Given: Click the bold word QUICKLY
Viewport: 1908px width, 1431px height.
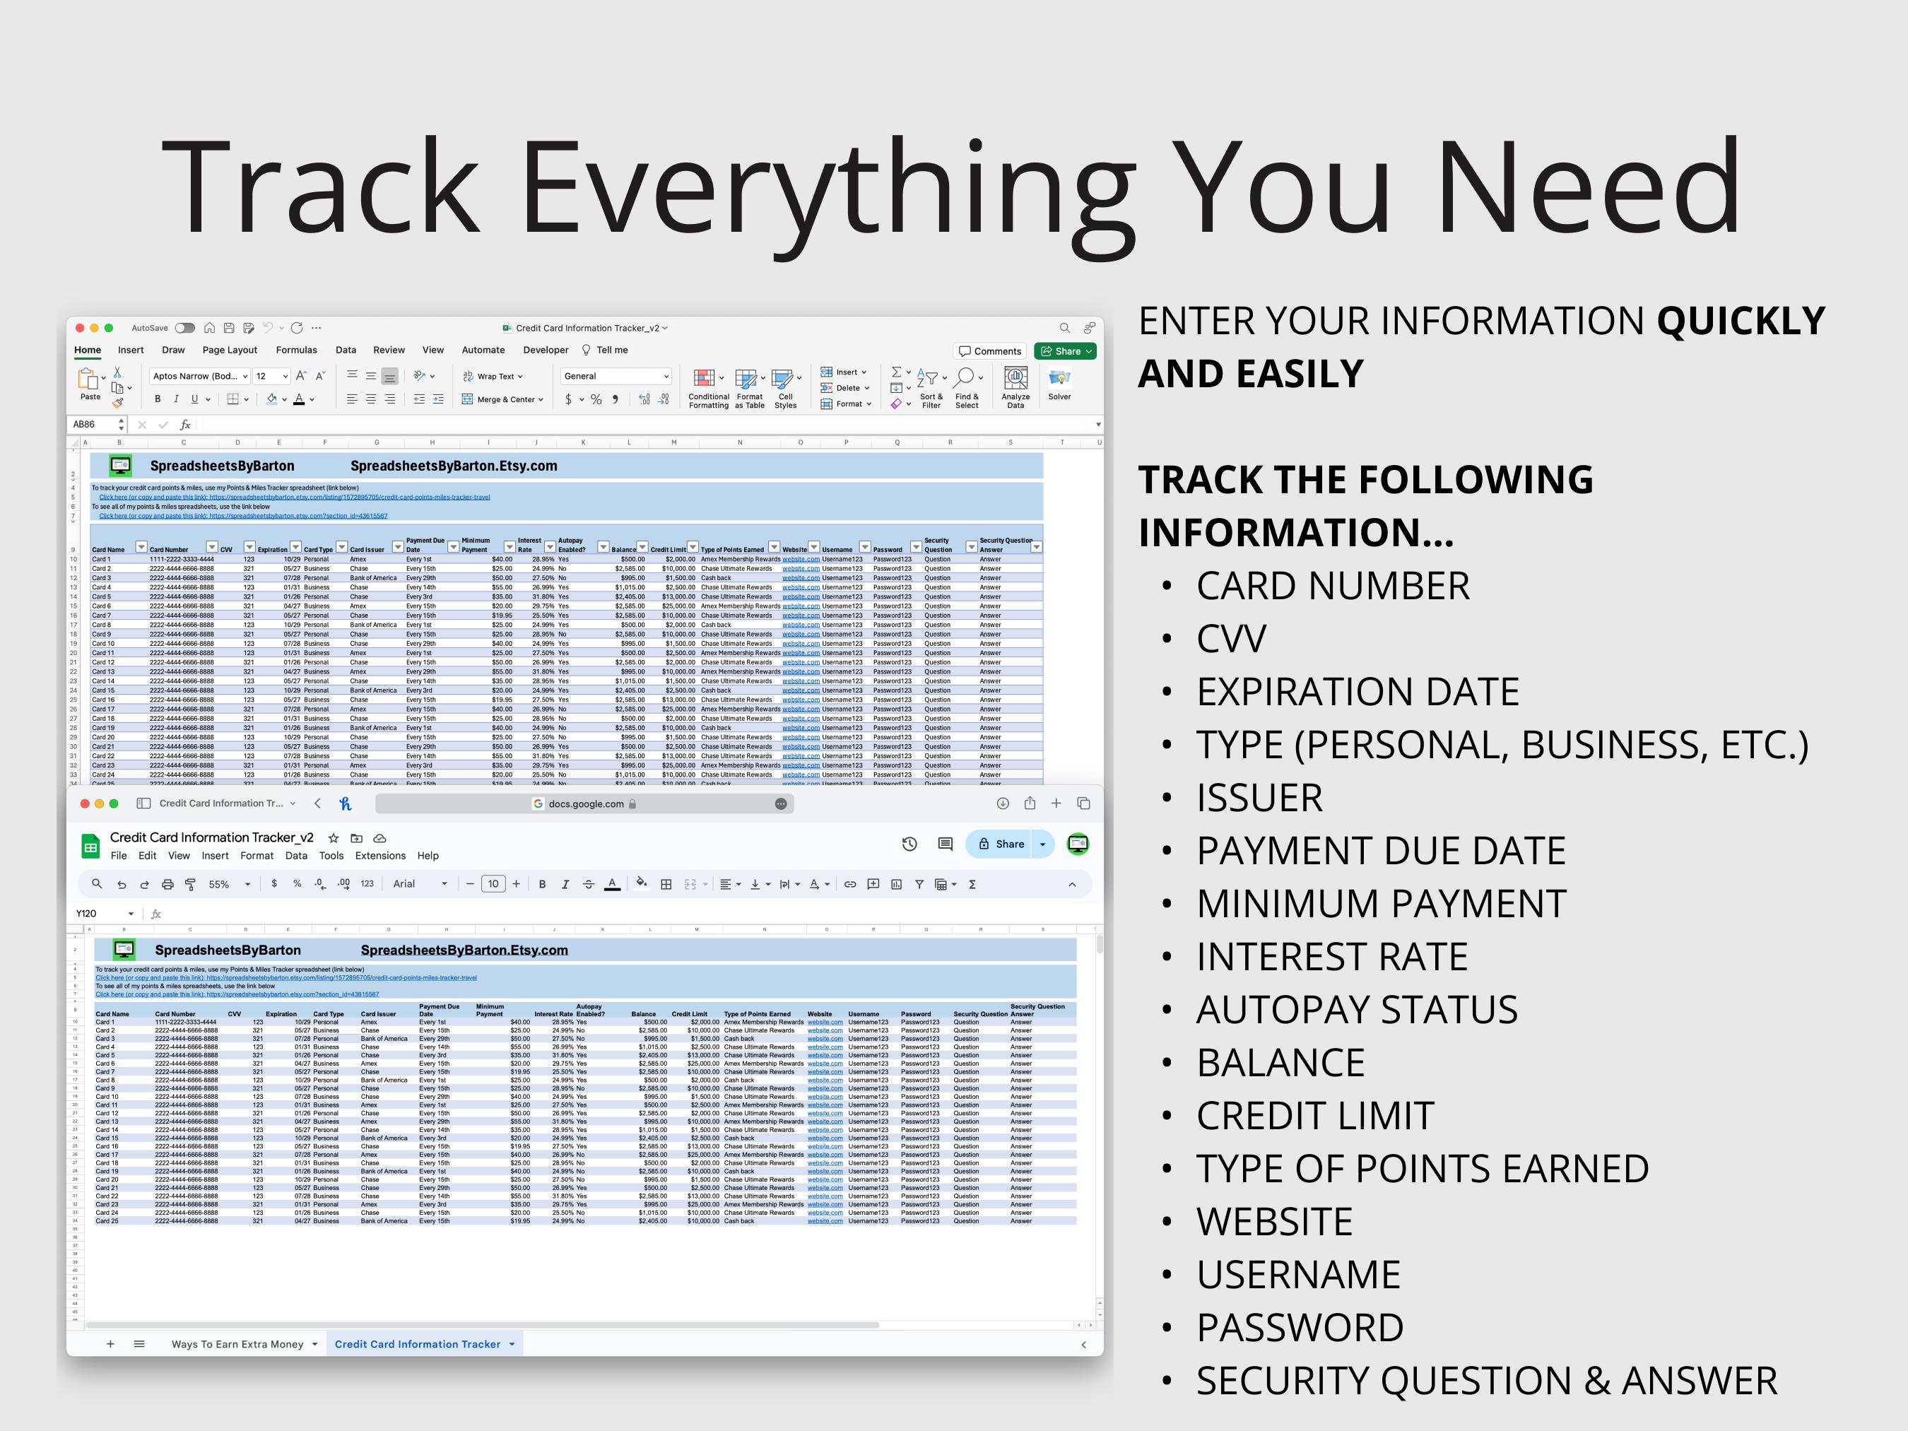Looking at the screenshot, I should (x=1740, y=321).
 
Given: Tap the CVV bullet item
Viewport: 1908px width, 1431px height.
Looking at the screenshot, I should (x=1231, y=639).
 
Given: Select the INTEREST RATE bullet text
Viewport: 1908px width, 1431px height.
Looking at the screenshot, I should (x=1332, y=957).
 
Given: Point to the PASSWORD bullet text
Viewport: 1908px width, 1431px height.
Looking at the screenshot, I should (x=1299, y=1328).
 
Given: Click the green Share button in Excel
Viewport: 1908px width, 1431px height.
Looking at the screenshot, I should (x=1066, y=351).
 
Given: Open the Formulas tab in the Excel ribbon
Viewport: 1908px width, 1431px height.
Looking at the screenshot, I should (x=296, y=351).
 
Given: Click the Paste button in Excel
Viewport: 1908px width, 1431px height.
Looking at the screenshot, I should (x=90, y=384).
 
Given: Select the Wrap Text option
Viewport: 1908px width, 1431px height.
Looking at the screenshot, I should (x=493, y=376).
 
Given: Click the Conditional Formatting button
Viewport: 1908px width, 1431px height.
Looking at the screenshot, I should (x=708, y=388).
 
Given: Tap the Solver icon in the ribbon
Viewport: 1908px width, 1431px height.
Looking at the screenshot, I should (x=1059, y=384).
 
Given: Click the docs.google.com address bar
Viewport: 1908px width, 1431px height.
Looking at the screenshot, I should (x=585, y=804).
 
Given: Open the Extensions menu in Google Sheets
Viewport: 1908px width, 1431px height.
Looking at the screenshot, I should (x=379, y=856).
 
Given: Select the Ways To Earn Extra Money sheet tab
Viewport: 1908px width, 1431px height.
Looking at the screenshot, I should (x=237, y=1344).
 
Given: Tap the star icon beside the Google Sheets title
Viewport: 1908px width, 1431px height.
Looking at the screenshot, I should (x=333, y=837).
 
